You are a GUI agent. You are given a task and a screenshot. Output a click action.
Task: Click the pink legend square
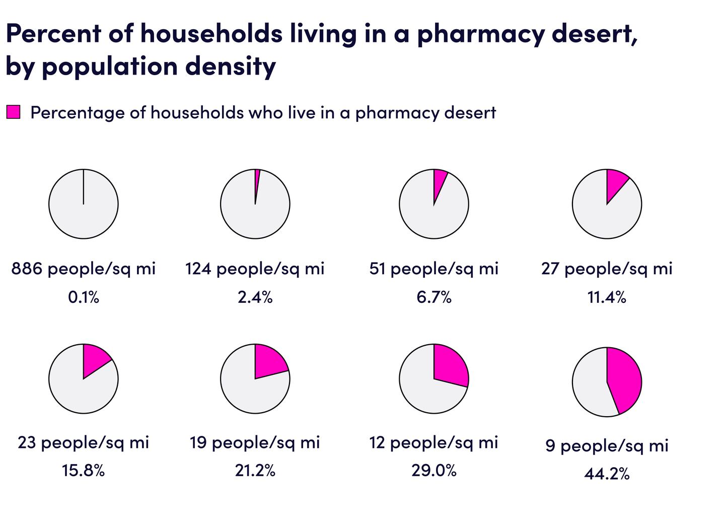[x=14, y=112]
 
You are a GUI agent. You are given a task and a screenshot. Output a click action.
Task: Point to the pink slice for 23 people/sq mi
[x=95, y=360]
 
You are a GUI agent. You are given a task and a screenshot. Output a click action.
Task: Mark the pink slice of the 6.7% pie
[x=439, y=181]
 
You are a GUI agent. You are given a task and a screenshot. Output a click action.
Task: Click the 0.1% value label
[x=84, y=297]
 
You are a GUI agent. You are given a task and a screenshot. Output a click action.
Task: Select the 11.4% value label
[x=607, y=297]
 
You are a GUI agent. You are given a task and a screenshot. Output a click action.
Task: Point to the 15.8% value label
[x=84, y=471]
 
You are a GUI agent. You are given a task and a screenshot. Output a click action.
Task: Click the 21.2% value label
[x=255, y=471]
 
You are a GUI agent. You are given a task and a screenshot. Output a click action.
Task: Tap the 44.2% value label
[x=607, y=474]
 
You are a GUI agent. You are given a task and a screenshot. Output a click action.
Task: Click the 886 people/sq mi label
[x=84, y=269]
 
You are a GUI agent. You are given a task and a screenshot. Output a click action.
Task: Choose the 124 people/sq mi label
[x=255, y=269]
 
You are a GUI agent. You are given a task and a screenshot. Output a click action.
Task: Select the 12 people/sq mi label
[x=433, y=442]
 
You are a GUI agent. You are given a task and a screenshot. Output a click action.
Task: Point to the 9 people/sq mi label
[x=607, y=445]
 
